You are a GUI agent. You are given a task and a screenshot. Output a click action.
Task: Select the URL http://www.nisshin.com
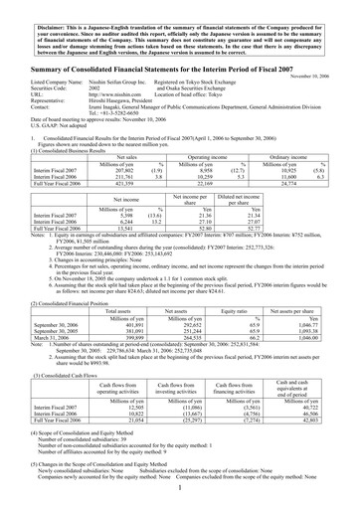pyautogui.click(x=112, y=96)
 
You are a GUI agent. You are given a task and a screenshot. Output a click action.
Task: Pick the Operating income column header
pyautogui.click(x=205, y=157)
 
